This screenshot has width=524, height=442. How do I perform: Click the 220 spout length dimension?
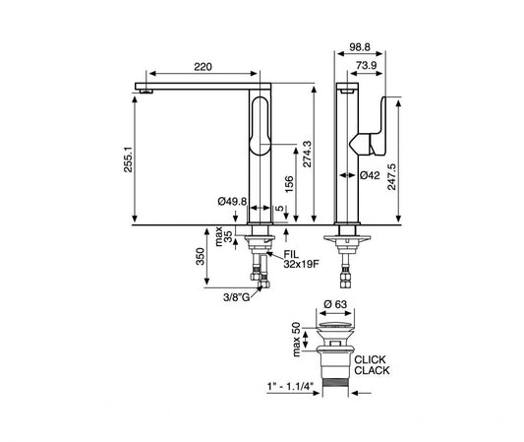pyautogui.click(x=203, y=67)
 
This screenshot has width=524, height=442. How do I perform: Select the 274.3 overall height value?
pyautogui.click(x=307, y=154)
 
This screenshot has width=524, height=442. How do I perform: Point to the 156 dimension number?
pyautogui.click(x=289, y=184)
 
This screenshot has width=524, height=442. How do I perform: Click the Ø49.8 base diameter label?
pyautogui.click(x=232, y=202)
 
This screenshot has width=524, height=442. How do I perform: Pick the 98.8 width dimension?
pyautogui.click(x=360, y=47)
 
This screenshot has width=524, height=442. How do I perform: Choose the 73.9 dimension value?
pyautogui.click(x=367, y=65)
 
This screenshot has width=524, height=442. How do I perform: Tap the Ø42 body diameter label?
pyautogui.click(x=370, y=175)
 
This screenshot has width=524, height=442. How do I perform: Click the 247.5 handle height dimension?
pyautogui.click(x=391, y=177)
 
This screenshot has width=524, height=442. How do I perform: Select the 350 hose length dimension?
pyautogui.click(x=200, y=256)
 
